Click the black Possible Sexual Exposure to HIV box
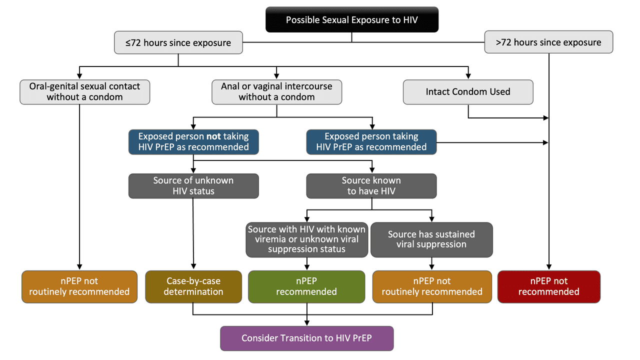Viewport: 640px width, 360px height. coord(351,19)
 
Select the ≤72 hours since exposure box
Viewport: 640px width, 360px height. coord(178,42)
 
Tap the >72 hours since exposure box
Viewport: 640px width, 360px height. coord(548,42)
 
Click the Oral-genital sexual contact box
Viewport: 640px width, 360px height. coord(84,91)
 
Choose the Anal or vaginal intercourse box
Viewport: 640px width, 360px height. coord(276,91)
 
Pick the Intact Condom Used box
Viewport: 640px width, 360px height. coord(468,91)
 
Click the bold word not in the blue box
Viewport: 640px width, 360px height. coord(213,136)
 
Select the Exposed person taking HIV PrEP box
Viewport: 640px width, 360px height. coord(371,141)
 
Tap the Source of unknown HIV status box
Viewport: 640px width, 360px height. coord(193,185)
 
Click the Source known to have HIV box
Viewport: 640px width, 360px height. coord(371,185)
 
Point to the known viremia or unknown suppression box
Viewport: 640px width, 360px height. coord(306,239)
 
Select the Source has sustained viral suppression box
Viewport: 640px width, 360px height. coord(431,239)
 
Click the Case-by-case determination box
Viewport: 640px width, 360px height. coord(193,286)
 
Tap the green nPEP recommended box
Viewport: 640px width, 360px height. coord(306,286)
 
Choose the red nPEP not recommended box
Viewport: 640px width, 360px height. coord(548,286)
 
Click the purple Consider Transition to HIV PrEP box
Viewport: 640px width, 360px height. coord(306,338)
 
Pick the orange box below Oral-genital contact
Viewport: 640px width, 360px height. coord(79,286)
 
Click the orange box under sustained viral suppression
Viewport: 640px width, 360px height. coord(431,286)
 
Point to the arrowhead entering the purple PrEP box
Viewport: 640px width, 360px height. coord(306,323)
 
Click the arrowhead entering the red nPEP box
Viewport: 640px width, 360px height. coord(548,267)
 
